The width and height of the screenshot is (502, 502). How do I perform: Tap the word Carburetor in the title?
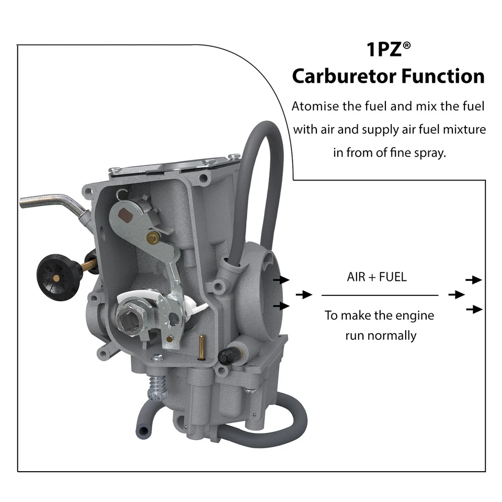tap(343, 76)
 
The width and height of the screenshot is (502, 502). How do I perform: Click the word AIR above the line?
tap(357, 277)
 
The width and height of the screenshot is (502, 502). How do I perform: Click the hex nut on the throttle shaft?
tap(128, 316)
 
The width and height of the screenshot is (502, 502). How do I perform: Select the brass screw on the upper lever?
tap(153, 238)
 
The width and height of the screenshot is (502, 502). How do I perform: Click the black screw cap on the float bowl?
tap(226, 357)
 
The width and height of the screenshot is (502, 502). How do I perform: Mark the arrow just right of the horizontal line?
tap(456, 295)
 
